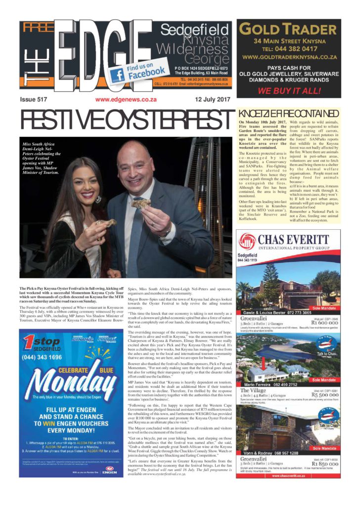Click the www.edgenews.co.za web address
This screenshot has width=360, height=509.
click(126, 99)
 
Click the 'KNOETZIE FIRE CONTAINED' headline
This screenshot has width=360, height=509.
click(289, 114)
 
